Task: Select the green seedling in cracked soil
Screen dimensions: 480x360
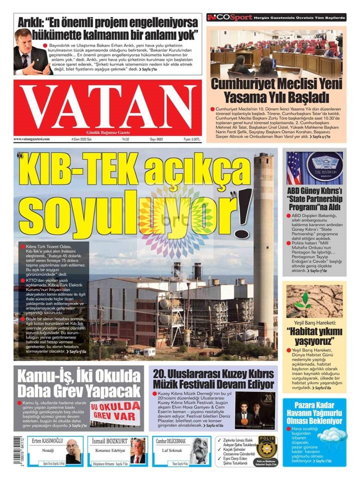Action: tap(302, 300)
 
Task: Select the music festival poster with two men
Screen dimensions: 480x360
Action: tap(255, 409)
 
